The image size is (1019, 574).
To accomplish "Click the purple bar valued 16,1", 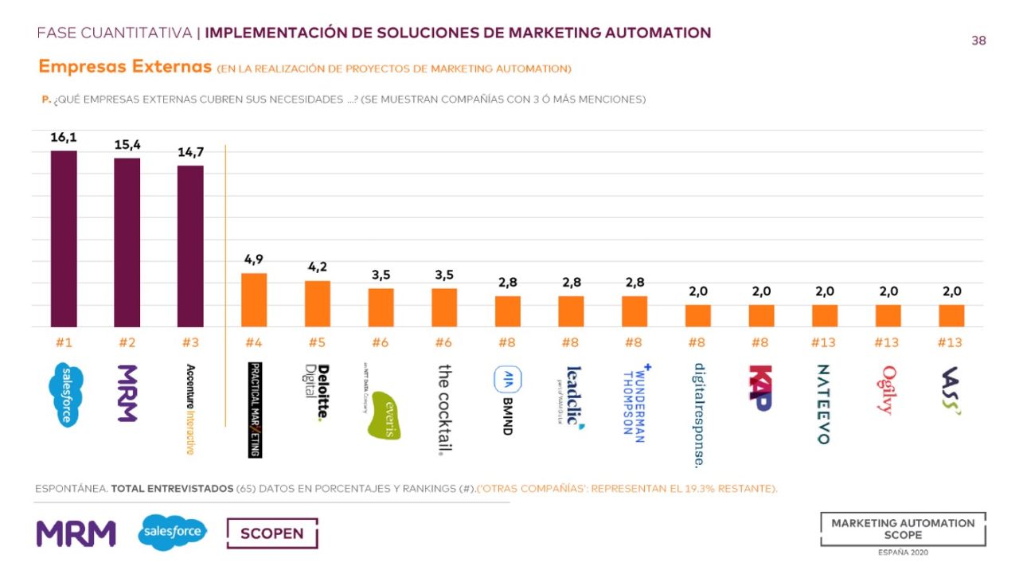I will tap(64, 239).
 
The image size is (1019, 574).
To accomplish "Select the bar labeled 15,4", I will tap(127, 242).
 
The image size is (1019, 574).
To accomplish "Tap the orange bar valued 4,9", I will tap(254, 300).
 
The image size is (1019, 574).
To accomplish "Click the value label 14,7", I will tap(190, 152).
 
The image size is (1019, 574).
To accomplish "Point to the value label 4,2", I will tap(318, 267).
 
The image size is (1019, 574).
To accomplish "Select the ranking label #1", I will tap(64, 342).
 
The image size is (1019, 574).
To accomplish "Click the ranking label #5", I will tap(318, 342).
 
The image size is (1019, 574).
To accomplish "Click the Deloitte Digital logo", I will tap(318, 392).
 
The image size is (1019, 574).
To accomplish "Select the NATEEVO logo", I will tap(824, 404).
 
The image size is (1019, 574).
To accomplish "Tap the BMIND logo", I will tap(508, 400).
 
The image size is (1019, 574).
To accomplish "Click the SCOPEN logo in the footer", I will tap(271, 533).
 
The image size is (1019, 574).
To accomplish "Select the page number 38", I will tap(978, 41).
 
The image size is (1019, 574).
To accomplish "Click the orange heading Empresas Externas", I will tap(125, 67).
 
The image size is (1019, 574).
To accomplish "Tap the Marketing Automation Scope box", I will tap(903, 529).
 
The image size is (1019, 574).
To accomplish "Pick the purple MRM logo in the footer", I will tap(76, 533).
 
